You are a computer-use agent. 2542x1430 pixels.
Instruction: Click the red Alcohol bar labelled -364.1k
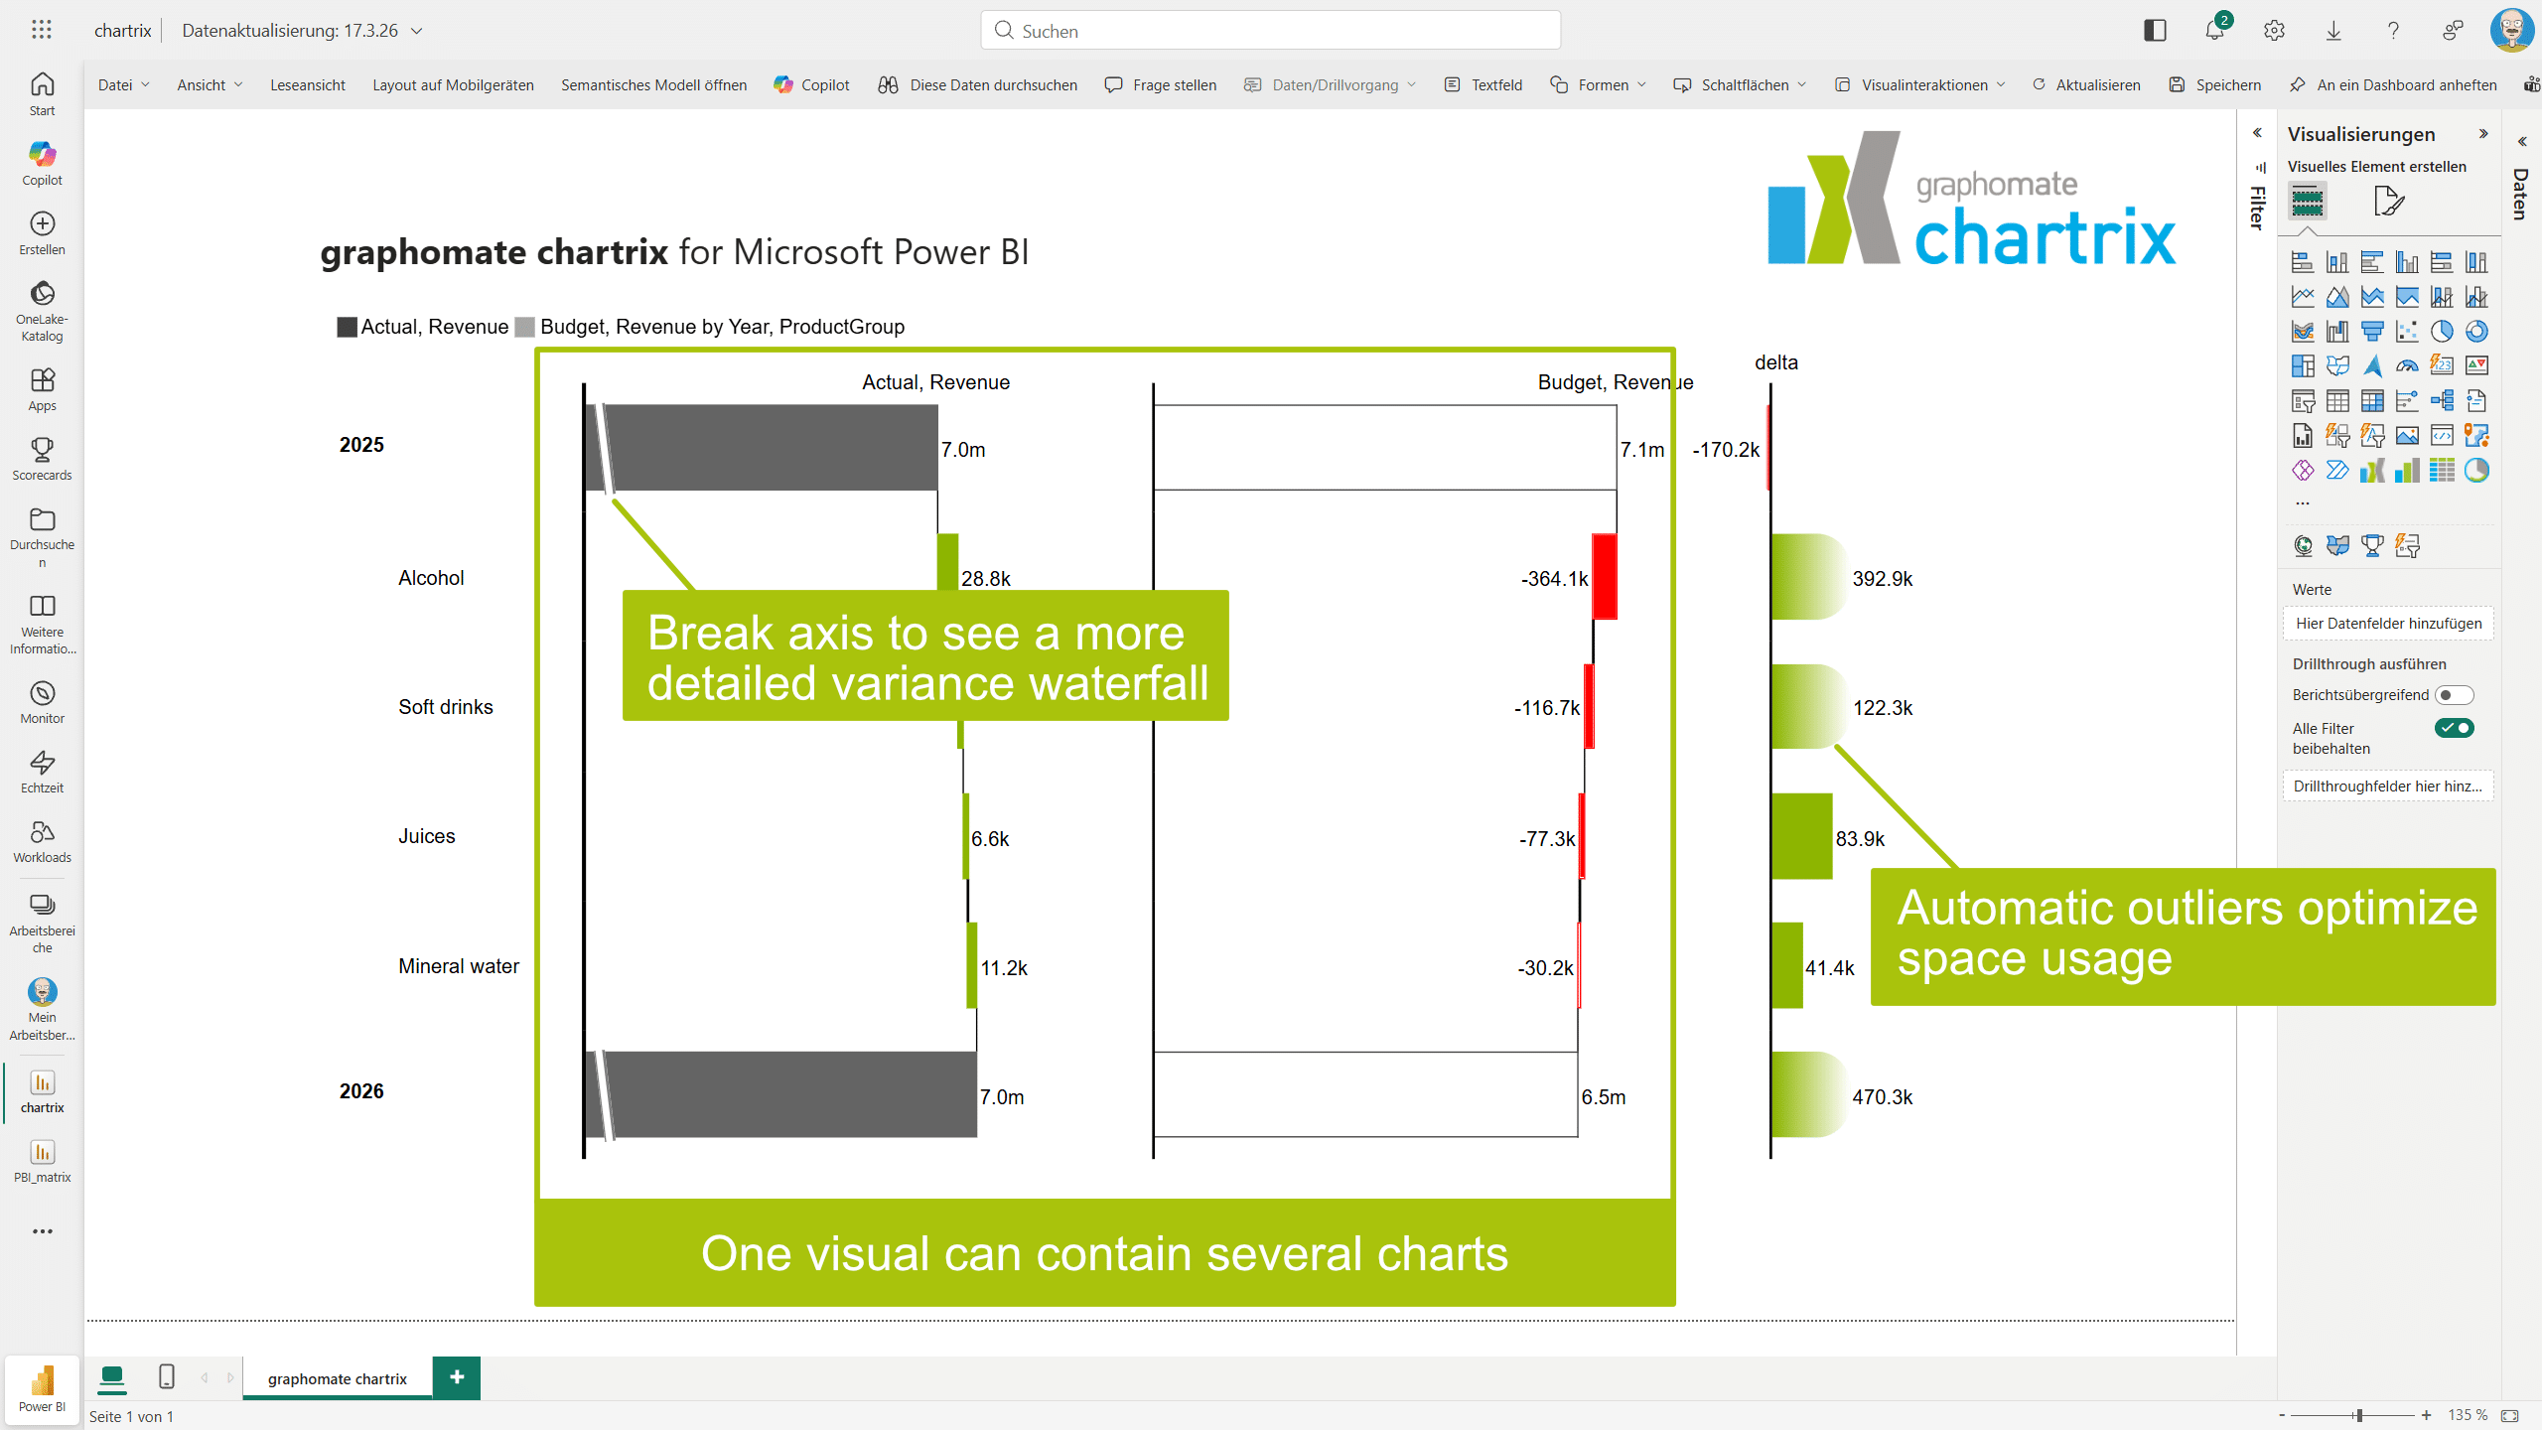(1605, 577)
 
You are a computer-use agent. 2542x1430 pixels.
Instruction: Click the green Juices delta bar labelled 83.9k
(1802, 836)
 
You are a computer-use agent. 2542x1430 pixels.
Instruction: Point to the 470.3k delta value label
(1882, 1097)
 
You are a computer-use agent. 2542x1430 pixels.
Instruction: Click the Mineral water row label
(459, 966)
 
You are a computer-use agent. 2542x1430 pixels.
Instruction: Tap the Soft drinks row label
(446, 707)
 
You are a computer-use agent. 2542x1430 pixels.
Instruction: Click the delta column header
(1776, 362)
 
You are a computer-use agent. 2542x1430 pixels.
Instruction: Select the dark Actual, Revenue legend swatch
(347, 327)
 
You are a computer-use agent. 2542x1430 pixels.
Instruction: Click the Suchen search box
(1271, 31)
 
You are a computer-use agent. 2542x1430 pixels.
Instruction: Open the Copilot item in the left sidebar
(42, 163)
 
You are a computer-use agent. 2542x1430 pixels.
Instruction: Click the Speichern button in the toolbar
(2215, 85)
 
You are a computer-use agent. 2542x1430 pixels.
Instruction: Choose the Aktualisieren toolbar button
(2086, 85)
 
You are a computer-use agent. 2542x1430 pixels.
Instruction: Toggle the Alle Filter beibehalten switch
(2455, 728)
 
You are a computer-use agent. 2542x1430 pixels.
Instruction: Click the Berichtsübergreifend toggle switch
(2455, 695)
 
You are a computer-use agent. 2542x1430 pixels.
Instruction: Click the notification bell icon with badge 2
(2215, 29)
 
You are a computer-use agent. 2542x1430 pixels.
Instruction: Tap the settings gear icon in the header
(2275, 31)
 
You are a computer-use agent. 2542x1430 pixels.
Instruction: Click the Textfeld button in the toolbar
(1483, 85)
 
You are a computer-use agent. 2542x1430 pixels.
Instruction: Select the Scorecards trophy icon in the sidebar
(42, 450)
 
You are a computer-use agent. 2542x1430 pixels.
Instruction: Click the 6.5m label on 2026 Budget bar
(1604, 1097)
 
